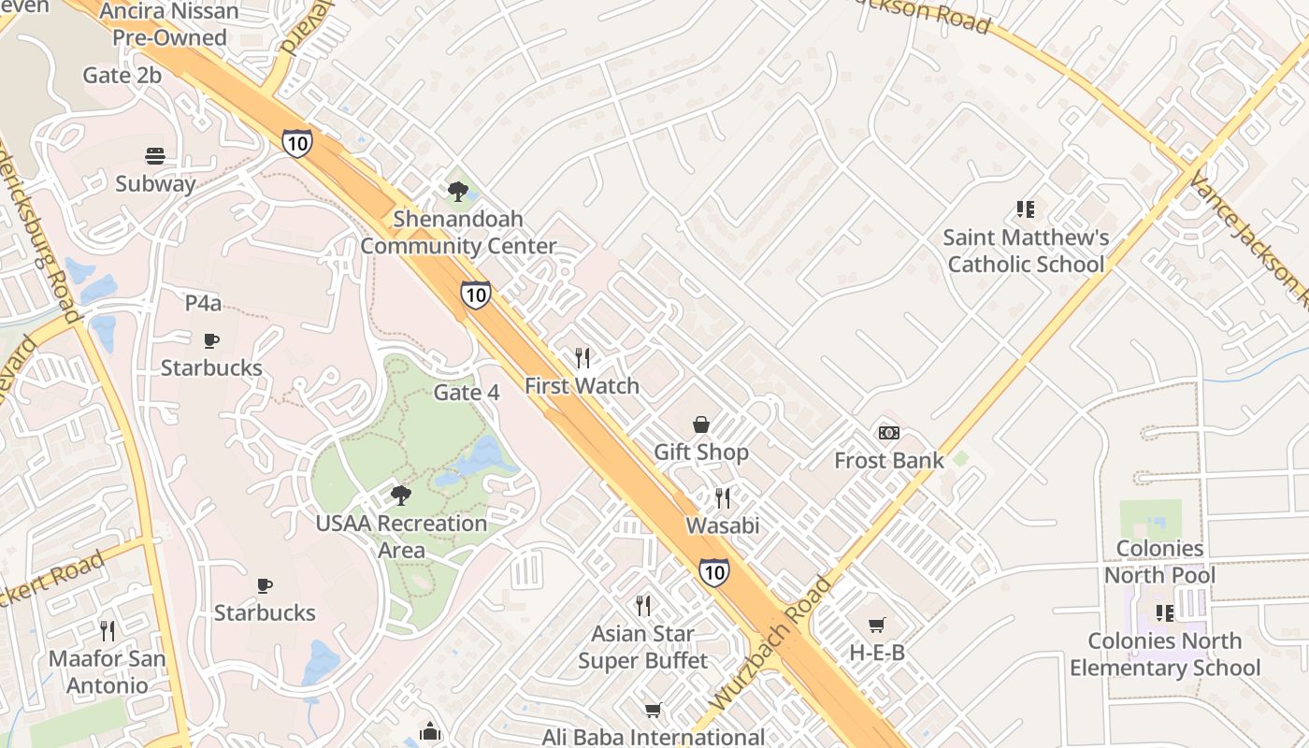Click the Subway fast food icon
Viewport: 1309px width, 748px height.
click(155, 155)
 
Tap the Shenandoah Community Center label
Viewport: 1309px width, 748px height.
click(458, 233)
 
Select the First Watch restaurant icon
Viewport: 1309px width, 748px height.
click(583, 357)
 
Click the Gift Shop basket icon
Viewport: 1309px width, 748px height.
click(701, 424)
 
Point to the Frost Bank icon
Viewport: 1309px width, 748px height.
click(889, 433)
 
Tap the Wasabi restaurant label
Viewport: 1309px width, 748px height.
click(723, 525)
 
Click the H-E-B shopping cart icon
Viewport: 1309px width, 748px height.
click(876, 625)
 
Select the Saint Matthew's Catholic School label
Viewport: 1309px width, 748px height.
click(1026, 251)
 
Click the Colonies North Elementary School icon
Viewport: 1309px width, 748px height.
click(1164, 613)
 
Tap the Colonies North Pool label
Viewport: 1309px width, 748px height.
click(1159, 561)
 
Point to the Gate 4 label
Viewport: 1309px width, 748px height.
click(467, 393)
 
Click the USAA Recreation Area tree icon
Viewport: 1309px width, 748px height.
click(401, 495)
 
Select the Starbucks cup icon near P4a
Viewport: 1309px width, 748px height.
click(211, 340)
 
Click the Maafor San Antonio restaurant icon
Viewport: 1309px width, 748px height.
click(108, 631)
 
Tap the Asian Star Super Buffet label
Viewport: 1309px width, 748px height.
click(643, 647)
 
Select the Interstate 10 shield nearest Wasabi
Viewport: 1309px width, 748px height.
click(713, 571)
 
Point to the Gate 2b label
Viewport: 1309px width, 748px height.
click(122, 76)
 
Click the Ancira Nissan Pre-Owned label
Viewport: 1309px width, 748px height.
click(169, 25)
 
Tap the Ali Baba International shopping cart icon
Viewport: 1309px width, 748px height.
click(654, 711)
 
